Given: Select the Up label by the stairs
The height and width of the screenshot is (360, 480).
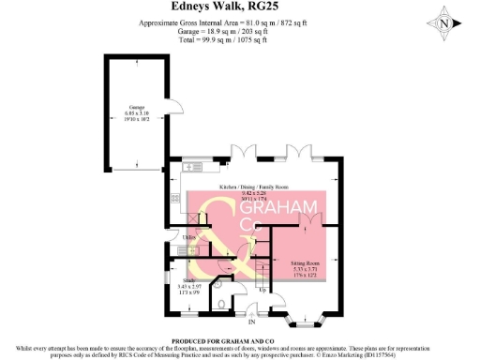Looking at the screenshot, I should (262, 289).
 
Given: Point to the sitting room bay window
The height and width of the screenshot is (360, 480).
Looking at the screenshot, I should (306, 322).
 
